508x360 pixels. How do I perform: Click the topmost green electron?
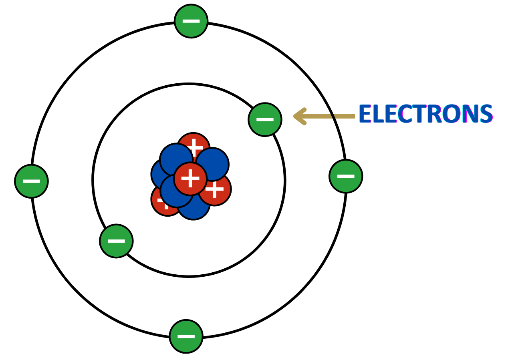191,21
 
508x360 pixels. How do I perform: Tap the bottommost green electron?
186,336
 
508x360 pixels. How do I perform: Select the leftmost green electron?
31,181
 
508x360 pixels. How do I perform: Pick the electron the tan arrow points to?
265,119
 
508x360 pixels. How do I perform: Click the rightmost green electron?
346,176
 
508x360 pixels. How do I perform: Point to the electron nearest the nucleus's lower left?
116,241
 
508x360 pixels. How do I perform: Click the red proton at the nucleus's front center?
190,179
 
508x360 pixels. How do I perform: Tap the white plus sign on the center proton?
190,179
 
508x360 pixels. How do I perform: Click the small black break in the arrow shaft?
333,117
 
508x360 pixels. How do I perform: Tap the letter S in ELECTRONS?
486,115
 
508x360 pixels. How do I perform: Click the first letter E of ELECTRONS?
365,115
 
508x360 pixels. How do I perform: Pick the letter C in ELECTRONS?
404,115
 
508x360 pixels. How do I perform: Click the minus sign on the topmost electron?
191,21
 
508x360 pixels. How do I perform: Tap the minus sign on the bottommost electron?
186,336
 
